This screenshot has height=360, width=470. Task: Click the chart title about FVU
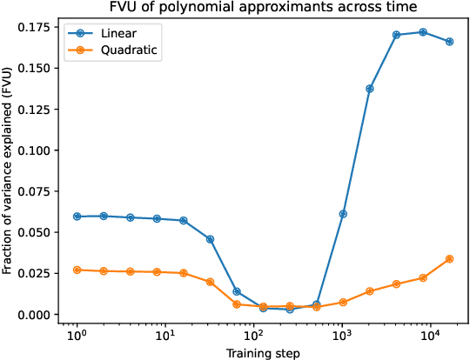pos(263,8)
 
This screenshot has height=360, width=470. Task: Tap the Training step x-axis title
pos(263,352)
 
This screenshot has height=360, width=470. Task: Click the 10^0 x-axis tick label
pos(77,335)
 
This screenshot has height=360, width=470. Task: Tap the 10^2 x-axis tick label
pos(253,335)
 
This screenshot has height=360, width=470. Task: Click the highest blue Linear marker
pos(423,32)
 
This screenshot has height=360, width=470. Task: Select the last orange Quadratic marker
pos(449,258)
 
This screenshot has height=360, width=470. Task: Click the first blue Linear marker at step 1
pos(77,216)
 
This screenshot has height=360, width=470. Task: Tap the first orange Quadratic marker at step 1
pos(77,270)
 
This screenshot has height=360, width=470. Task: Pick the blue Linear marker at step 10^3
pos(343,214)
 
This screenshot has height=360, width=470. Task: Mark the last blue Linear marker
pos(449,41)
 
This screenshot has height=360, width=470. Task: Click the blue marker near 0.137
pos(370,89)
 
